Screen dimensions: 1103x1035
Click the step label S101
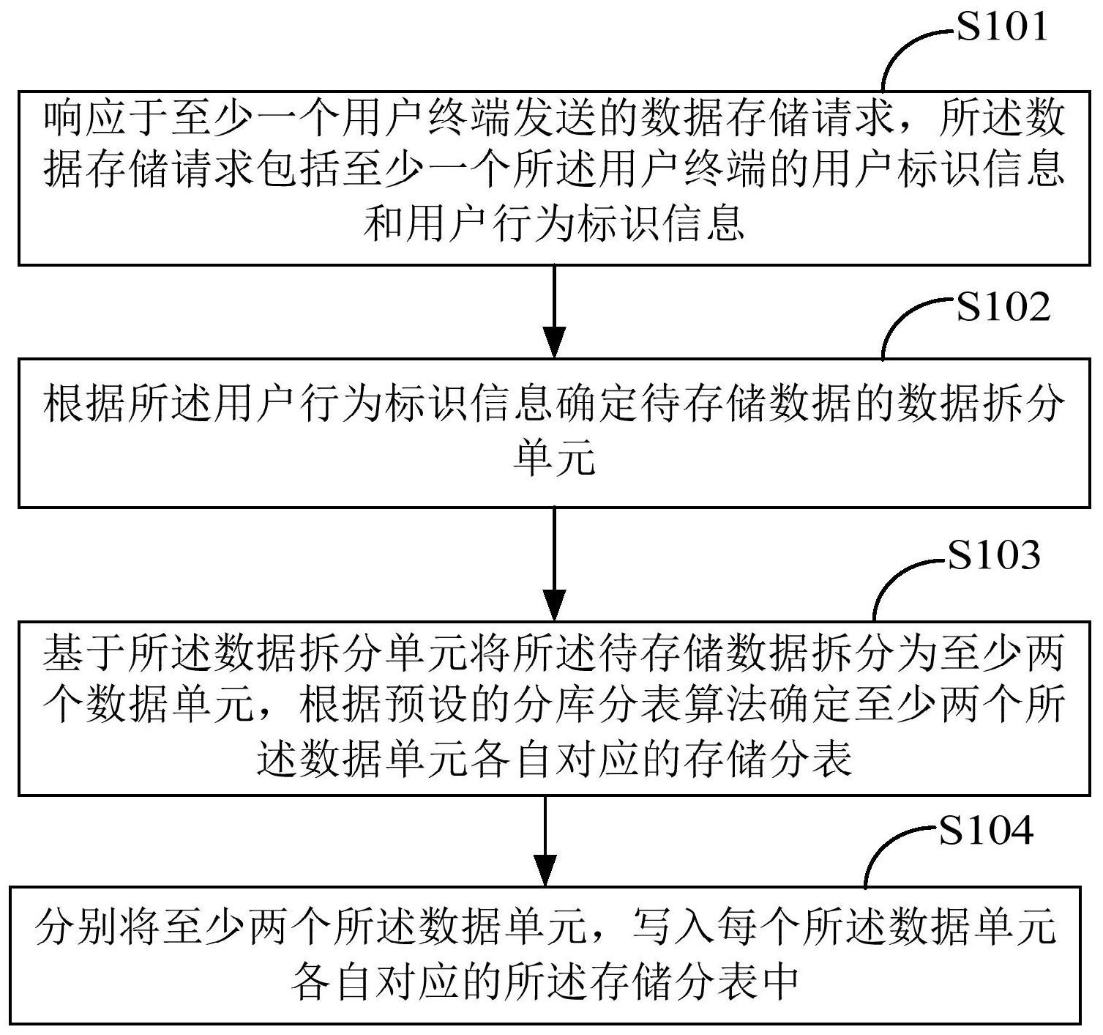pos(1003,26)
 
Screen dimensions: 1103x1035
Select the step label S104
pos(987,831)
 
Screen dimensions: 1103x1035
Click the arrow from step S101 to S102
pos(554,311)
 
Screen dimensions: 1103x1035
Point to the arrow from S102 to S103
pos(554,563)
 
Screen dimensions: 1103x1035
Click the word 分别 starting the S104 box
pos(77,926)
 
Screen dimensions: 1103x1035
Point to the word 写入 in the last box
pos(673,926)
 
